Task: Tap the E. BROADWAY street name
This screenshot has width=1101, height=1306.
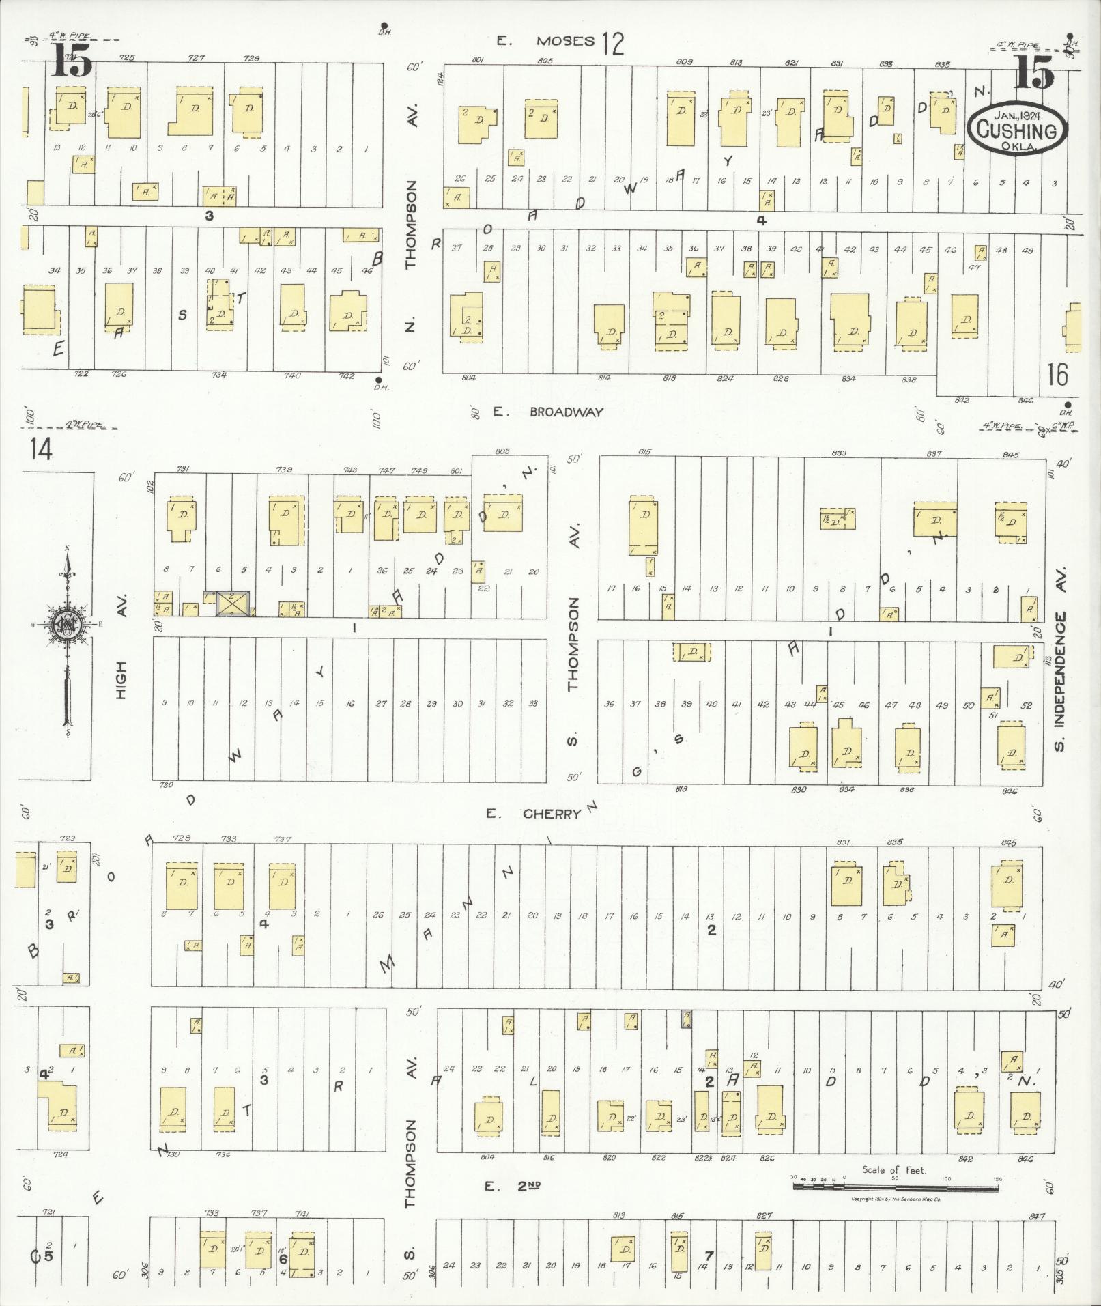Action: click(549, 412)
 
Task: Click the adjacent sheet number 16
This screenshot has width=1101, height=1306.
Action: click(1057, 374)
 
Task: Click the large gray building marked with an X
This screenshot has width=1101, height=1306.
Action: click(233, 603)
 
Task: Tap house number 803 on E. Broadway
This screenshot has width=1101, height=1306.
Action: click(502, 451)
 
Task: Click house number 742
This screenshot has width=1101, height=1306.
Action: click(347, 375)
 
